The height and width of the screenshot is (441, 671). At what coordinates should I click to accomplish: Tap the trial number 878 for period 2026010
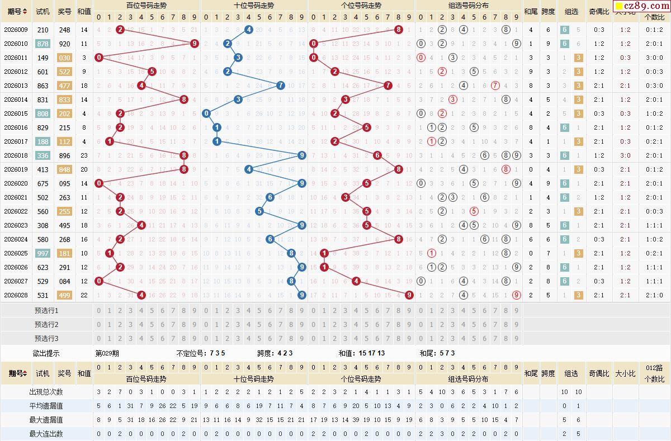point(42,44)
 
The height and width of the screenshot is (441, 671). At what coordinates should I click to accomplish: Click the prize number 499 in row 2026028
point(65,295)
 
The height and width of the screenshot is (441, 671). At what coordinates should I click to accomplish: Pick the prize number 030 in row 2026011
point(65,58)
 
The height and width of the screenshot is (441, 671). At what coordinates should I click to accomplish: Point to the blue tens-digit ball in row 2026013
point(281,86)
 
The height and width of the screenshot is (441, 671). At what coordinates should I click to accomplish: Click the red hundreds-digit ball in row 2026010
point(194,44)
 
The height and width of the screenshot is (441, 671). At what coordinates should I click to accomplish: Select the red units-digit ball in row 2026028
point(409,295)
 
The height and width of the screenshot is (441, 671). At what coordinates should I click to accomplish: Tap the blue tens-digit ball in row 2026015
point(206,113)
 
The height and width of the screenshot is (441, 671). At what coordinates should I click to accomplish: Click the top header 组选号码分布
point(469,5)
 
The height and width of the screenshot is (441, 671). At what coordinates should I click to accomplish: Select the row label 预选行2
point(46,324)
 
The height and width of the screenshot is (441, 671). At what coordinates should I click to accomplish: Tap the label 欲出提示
point(46,353)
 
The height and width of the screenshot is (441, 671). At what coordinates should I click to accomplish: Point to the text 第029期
point(107,353)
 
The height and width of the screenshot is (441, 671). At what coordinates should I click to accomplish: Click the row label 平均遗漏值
point(46,406)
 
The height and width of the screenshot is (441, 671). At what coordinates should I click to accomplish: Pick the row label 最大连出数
point(46,434)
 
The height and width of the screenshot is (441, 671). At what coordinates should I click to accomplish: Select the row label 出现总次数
point(46,392)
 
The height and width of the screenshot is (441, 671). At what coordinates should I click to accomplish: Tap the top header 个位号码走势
point(361,5)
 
